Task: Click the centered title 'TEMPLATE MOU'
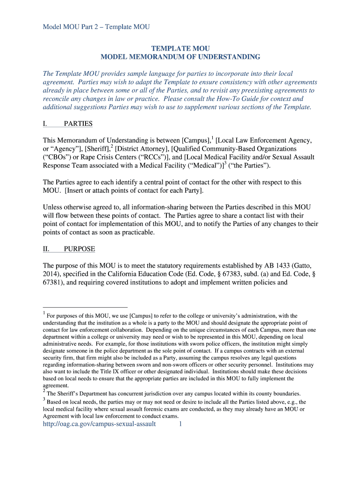point(180,49)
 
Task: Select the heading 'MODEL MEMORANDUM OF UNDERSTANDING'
point(180,57)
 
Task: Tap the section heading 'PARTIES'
point(78,124)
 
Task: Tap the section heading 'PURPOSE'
point(79,249)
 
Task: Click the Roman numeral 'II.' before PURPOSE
point(47,249)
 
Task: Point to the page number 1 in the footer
point(180,424)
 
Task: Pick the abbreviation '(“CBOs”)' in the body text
point(56,157)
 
